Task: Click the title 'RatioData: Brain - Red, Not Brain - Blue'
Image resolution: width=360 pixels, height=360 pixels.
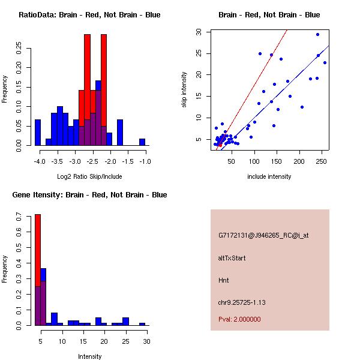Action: [x=89, y=15]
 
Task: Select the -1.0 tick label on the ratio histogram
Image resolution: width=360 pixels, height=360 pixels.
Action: [x=145, y=161]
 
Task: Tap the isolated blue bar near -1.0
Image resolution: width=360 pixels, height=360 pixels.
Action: [x=142, y=142]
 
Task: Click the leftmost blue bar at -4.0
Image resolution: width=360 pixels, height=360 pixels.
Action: [x=38, y=132]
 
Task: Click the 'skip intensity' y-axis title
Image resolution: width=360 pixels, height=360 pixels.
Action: [x=184, y=90]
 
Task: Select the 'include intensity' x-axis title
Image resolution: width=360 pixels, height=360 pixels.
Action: [x=269, y=176]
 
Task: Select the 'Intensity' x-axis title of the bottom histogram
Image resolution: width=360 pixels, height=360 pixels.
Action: [x=90, y=356]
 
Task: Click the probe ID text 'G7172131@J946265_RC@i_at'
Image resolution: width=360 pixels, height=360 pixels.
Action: [x=263, y=235]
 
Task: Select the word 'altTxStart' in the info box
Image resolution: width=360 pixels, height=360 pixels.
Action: [x=232, y=258]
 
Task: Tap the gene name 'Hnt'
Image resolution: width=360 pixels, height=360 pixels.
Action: [x=224, y=280]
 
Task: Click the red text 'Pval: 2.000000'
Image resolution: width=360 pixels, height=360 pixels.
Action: [x=239, y=319]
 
